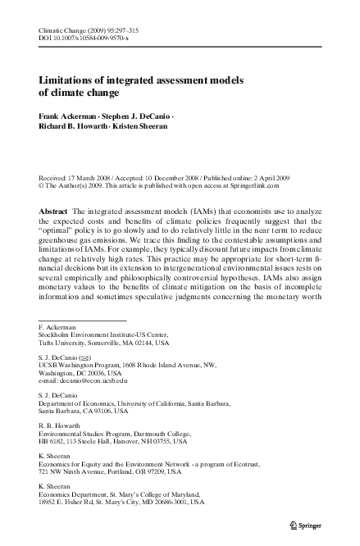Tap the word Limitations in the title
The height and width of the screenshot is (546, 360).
(69, 81)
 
